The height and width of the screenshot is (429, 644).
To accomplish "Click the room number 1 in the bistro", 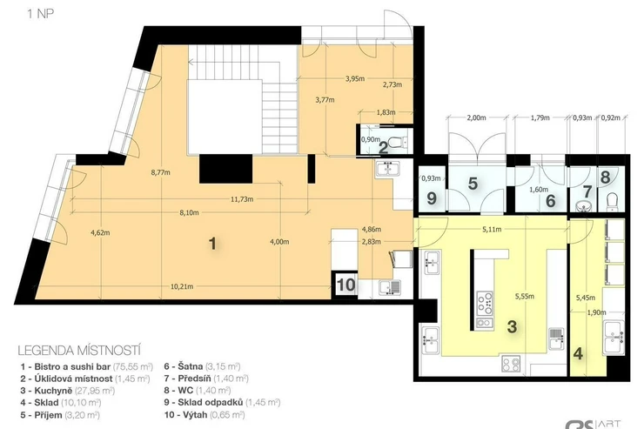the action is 212,244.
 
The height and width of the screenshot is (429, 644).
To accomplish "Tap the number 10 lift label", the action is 345,284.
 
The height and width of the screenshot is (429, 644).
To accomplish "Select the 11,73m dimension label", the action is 242,199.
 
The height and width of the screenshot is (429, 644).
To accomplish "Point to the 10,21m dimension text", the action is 182,286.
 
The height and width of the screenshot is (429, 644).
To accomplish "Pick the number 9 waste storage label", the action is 432,198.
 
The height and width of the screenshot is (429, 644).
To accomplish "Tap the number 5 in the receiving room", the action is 473,184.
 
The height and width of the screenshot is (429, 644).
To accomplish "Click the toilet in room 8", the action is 612,202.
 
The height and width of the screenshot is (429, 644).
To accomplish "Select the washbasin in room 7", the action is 583,206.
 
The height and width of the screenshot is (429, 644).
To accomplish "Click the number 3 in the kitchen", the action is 512,327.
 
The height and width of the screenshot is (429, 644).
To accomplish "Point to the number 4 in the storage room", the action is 578,353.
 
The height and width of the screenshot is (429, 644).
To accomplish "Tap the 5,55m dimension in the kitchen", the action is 525,296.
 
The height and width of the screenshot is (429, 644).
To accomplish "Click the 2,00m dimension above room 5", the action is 476,117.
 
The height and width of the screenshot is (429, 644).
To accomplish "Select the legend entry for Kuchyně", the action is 67,391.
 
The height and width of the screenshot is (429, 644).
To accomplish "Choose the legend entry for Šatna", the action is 202,366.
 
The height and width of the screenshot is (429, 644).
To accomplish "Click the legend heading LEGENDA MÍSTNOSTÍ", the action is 79,351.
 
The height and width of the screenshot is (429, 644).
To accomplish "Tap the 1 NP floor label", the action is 40,14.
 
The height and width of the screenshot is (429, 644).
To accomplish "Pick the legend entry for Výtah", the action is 205,414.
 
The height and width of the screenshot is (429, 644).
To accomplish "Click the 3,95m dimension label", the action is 355,79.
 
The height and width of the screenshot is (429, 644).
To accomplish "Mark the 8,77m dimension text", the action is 161,172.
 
